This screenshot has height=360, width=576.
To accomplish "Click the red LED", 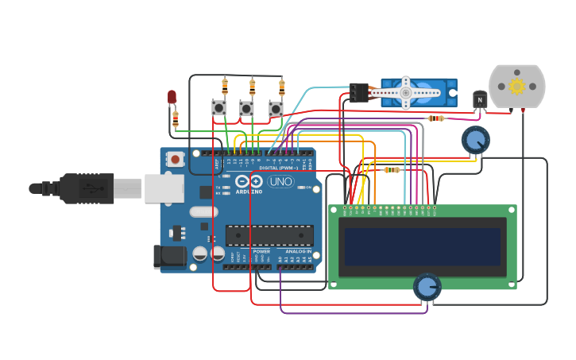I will point(172,97).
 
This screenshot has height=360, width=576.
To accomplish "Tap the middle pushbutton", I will point(247,108).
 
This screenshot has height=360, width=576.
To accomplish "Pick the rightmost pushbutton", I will point(276,109).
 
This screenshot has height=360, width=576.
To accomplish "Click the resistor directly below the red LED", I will point(176,119).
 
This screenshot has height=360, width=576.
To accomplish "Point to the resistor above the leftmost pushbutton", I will point(225,84).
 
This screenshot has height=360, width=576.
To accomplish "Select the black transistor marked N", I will point(480,100).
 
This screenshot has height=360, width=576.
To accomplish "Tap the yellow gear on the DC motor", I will point(517,86).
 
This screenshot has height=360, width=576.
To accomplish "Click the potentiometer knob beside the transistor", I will point(475,141).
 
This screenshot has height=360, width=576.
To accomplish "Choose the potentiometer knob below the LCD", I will point(427,287).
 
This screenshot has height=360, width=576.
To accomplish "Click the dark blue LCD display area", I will point(423,246).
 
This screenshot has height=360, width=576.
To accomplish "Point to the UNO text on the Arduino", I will point(280,181).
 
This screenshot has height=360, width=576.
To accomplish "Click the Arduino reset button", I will point(175,159).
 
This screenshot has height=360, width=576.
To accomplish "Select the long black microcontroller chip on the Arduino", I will point(269,235).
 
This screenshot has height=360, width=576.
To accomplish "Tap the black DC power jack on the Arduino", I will point(169,256).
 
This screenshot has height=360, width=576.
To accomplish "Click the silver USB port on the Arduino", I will point(164,188).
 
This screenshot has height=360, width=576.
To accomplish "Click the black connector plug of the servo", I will point(358,93).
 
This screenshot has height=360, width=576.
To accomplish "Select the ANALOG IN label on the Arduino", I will point(299,251).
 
